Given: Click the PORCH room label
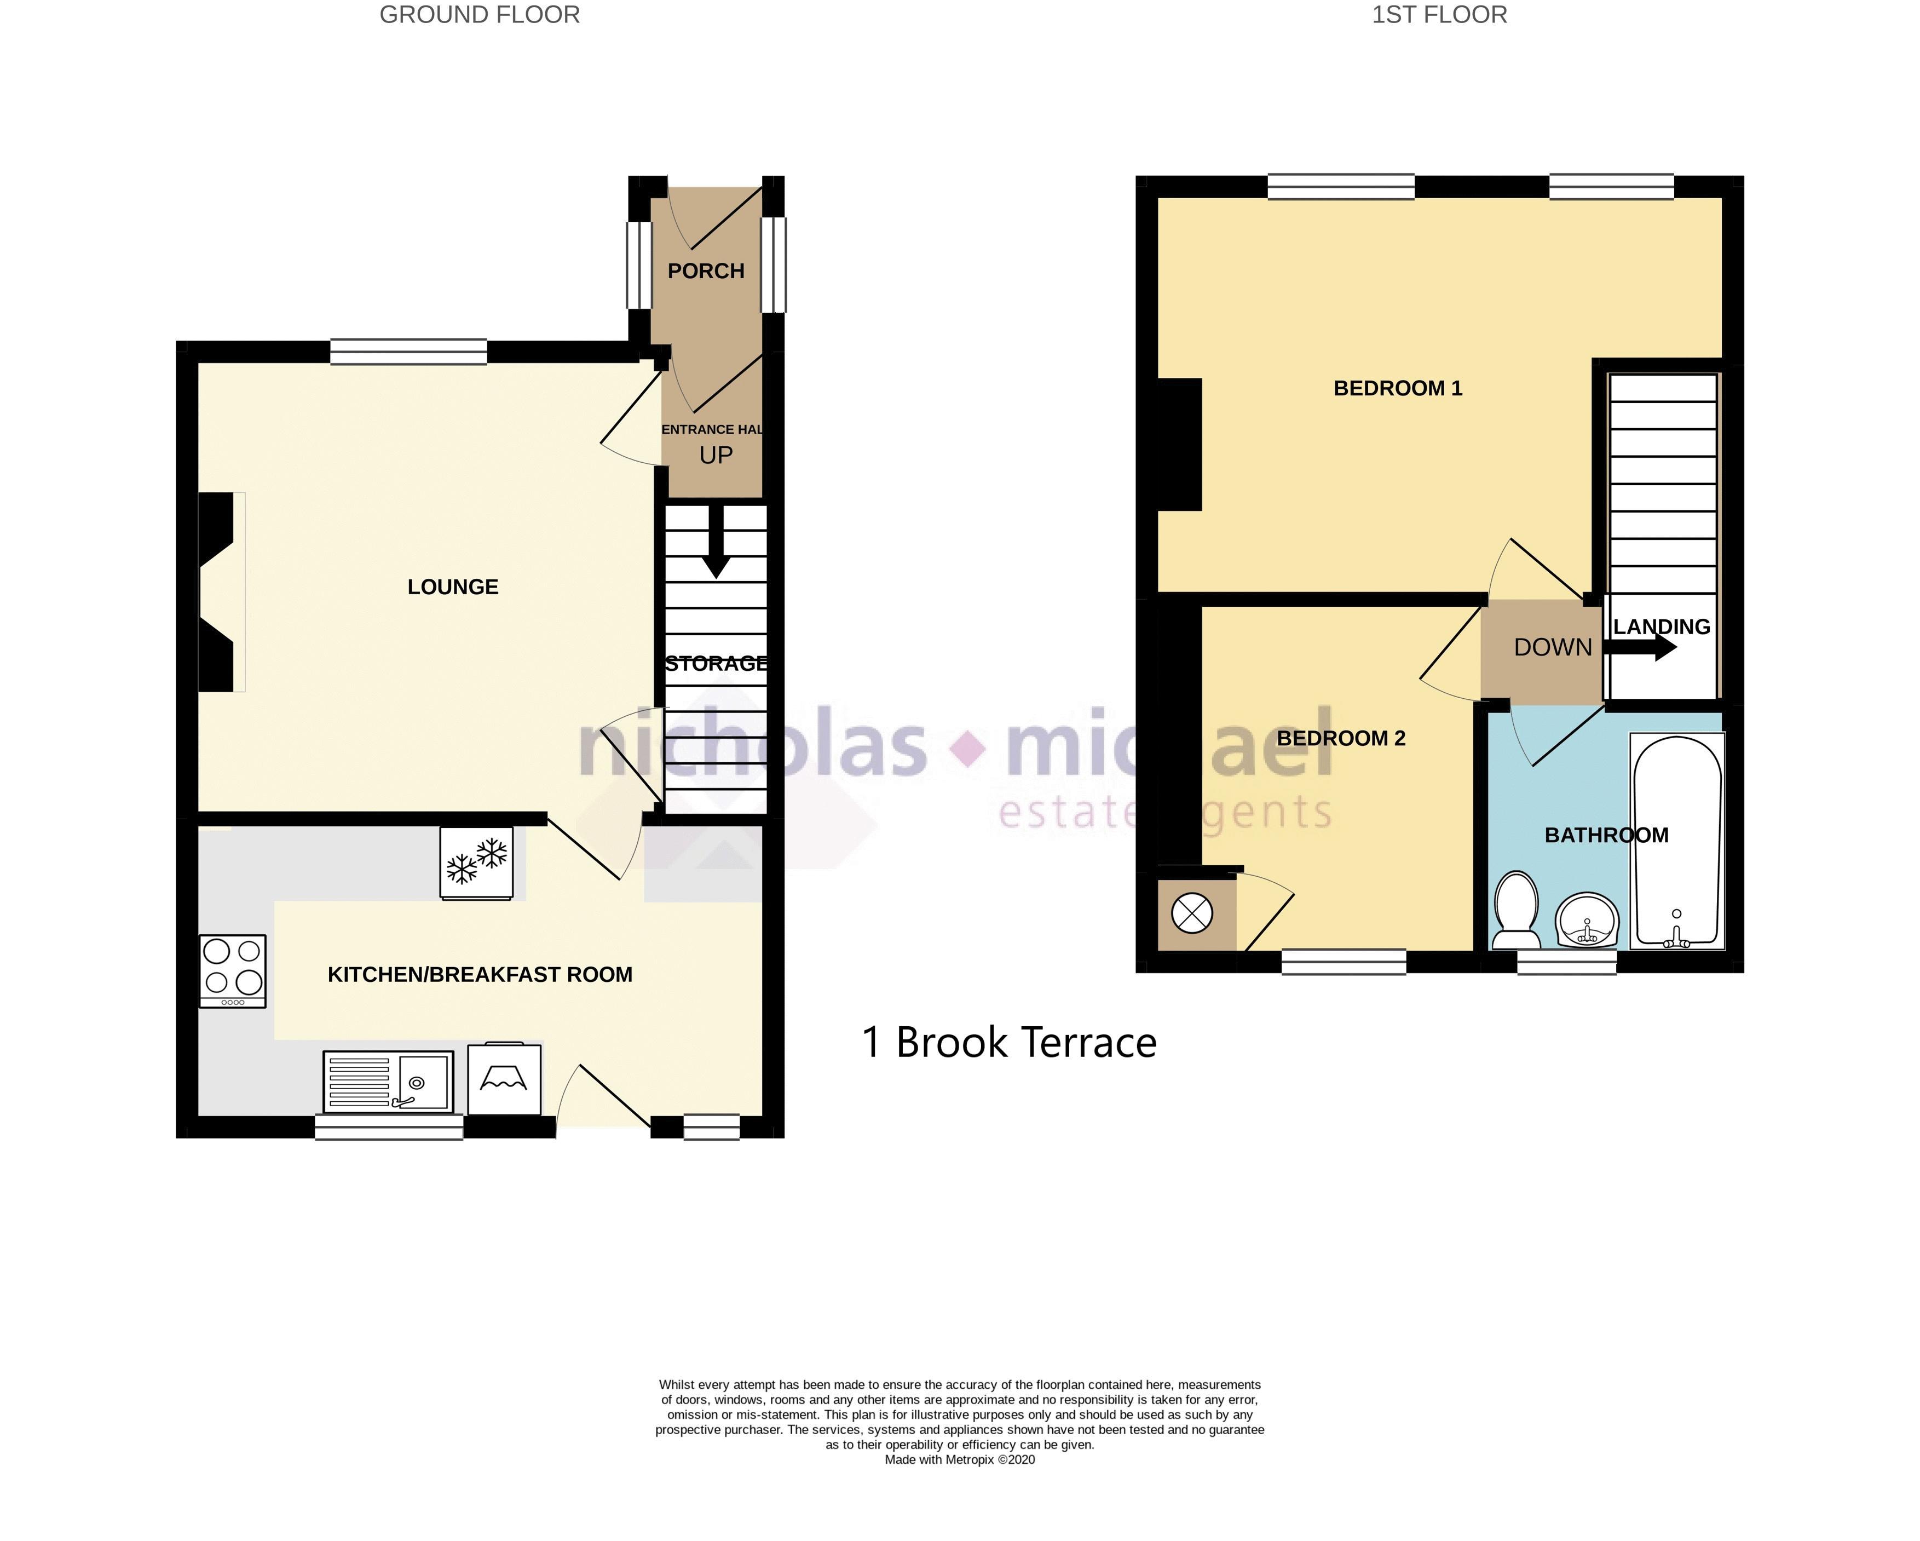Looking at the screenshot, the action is tap(706, 271).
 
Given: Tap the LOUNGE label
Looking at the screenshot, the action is tap(452, 587).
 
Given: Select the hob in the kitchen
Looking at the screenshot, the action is tap(233, 971).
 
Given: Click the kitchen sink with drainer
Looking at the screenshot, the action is tap(388, 1082).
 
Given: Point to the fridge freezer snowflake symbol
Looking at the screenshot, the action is tap(476, 863).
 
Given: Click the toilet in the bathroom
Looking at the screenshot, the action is tap(1516, 910).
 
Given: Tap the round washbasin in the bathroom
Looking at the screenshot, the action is tap(1587, 919).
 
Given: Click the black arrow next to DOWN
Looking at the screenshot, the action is tap(1640, 648).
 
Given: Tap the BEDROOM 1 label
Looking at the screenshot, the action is tap(1397, 388).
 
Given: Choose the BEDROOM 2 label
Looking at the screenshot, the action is tap(1341, 738).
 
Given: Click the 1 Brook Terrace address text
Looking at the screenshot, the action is tap(1009, 1042).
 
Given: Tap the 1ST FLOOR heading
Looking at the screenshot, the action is tap(1439, 15).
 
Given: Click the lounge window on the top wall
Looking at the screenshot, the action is tap(409, 352).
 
